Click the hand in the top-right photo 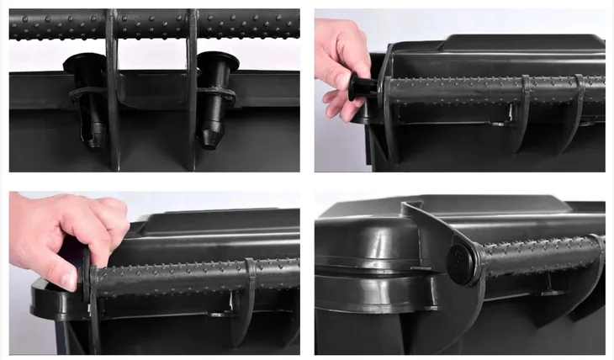[341, 63]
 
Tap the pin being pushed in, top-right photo [363, 86]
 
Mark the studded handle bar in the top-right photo [471, 88]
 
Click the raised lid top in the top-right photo [521, 42]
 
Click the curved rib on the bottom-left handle [250, 290]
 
